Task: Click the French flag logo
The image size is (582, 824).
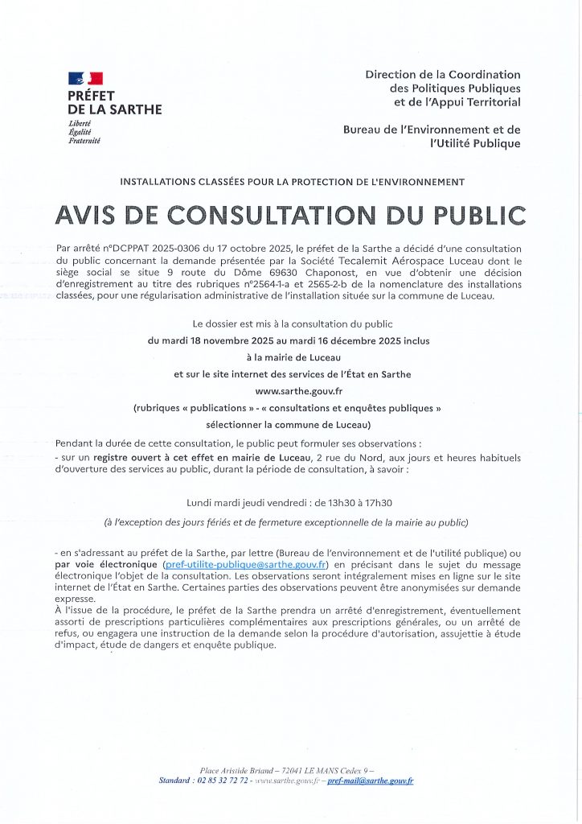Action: point(86,79)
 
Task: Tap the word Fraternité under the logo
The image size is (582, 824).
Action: point(84,141)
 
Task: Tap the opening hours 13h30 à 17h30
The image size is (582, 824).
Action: point(353,503)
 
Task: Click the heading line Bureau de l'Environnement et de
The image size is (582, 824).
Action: point(432,130)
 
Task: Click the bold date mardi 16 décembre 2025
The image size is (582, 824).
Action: point(350,341)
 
